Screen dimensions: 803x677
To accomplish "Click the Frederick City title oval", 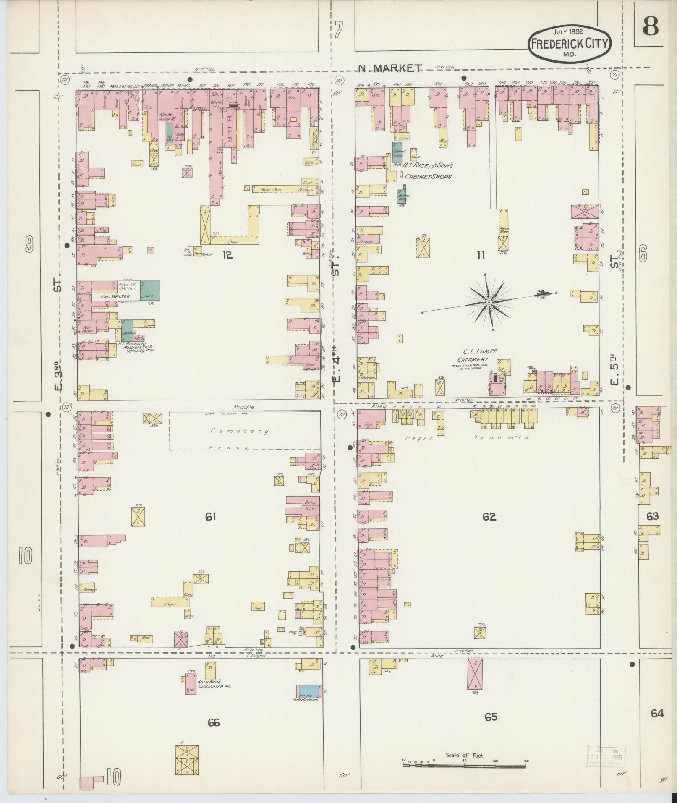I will point(570,43).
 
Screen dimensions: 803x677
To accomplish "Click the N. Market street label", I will point(390,68).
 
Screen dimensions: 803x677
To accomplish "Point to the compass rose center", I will point(489,302).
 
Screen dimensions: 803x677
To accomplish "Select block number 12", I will point(227,254).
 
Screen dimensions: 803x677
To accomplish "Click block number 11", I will point(481,255).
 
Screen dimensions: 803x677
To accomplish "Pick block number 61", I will point(210,517).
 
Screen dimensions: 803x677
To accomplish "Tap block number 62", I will point(489,517).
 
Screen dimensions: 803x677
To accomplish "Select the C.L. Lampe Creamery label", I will point(475,356).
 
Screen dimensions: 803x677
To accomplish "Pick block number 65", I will point(491,717).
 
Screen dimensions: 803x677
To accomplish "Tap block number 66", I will point(213,722).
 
